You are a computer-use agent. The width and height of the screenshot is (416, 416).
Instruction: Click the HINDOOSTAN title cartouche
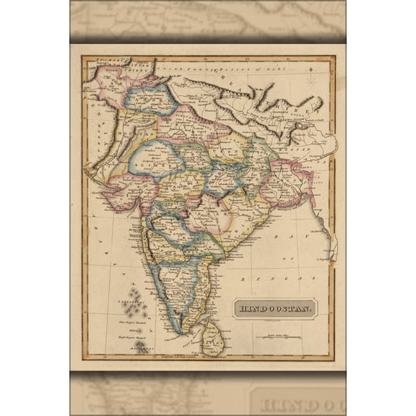coord(275,309)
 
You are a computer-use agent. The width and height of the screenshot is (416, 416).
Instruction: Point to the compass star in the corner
coord(311,80)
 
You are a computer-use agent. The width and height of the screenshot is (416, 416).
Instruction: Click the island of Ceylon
coord(212,339)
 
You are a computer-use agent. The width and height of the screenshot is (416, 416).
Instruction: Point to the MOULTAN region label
coord(123,134)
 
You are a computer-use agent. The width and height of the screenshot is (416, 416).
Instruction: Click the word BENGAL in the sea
coord(289,277)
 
